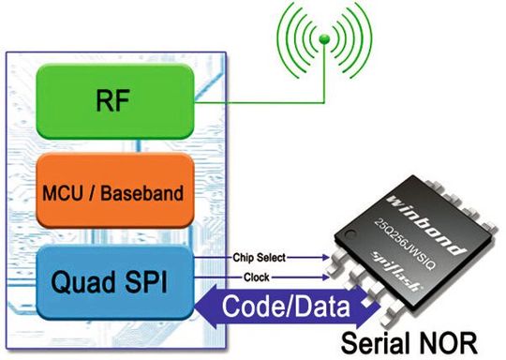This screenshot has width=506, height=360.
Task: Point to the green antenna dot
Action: (323, 40)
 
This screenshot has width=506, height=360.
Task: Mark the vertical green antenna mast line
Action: (323, 75)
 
